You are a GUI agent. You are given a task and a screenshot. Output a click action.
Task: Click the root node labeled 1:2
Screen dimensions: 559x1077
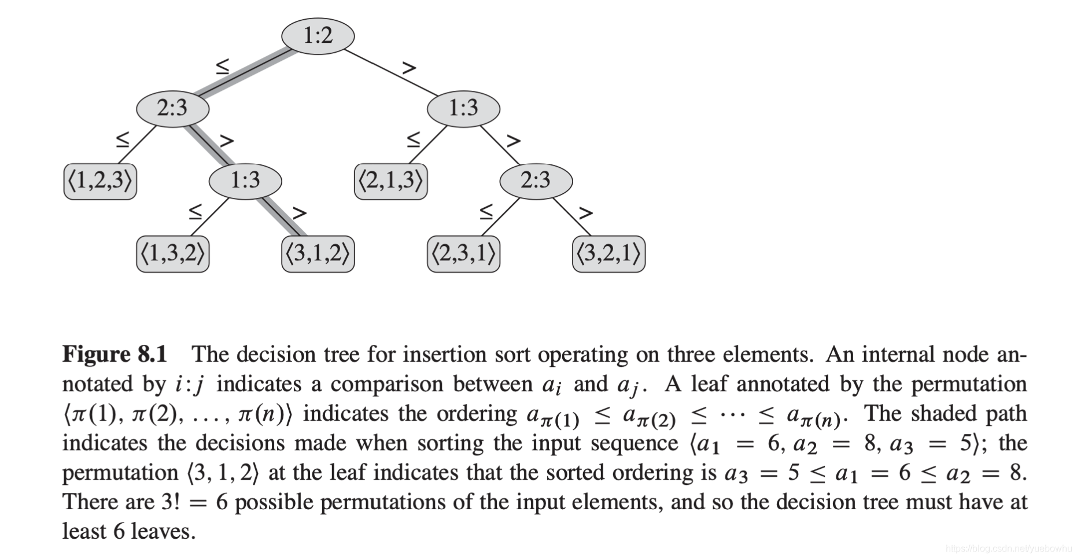[x=318, y=36]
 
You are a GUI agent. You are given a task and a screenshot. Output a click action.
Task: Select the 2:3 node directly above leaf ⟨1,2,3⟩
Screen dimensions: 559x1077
[x=172, y=108]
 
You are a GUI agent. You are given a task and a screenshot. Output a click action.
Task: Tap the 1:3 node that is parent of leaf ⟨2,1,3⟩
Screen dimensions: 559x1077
[x=463, y=108]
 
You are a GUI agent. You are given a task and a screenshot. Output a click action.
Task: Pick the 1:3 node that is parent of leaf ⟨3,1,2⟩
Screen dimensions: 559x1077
[x=245, y=181]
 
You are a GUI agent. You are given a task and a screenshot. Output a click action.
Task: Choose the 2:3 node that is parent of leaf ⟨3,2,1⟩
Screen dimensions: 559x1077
[x=536, y=181]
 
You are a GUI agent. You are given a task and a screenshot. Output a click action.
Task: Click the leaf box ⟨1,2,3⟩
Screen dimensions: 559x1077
[x=100, y=181]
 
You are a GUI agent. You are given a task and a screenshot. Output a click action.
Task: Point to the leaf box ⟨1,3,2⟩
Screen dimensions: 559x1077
[x=172, y=253]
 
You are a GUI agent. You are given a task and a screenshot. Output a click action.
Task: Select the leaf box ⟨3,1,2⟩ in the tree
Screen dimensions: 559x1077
[x=318, y=253]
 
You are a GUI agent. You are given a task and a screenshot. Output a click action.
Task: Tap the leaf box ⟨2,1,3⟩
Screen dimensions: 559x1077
[x=390, y=181]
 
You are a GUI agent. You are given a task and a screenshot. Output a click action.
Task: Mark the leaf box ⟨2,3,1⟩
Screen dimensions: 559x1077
[x=463, y=253]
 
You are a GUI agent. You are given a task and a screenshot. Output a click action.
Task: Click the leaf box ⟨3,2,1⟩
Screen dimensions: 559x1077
[x=608, y=253]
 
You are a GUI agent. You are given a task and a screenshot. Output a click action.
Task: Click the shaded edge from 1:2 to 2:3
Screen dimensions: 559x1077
[x=246, y=72]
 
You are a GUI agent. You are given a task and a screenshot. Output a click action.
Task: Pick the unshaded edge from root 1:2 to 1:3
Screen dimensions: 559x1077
[x=390, y=72]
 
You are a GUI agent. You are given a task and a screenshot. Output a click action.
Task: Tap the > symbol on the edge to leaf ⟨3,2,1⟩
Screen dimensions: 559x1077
[x=586, y=214]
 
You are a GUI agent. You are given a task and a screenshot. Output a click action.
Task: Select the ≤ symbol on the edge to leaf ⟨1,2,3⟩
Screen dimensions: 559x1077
[x=123, y=139]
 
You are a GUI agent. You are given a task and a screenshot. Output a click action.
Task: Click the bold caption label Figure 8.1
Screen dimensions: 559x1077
[x=115, y=354]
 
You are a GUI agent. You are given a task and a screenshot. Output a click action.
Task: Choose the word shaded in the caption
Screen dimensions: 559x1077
[x=939, y=413]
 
